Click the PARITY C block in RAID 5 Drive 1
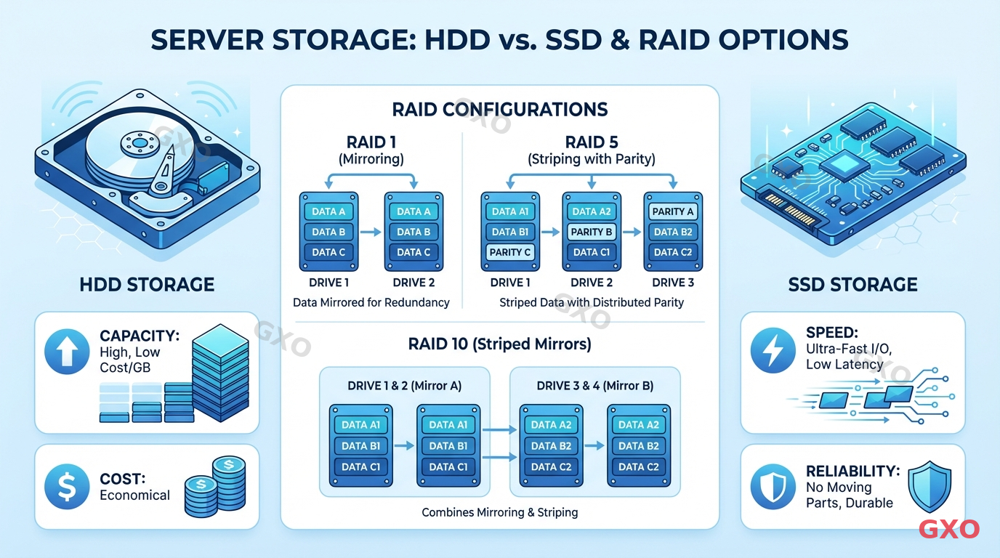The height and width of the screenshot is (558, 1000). coord(511,252)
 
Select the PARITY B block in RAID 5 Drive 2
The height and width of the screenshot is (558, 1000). coord(592,232)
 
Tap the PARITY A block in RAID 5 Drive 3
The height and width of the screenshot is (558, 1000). coord(673,211)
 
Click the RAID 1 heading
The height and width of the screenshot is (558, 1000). coord(372,143)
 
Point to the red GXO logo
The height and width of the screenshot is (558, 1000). coord(949,529)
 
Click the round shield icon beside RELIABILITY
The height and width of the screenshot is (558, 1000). coord(773,486)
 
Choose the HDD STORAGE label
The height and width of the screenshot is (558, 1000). coord(147,284)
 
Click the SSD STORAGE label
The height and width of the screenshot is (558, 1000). coord(852,284)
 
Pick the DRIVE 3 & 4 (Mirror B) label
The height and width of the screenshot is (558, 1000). coord(594,386)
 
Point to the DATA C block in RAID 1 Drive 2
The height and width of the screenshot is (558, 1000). coord(413,252)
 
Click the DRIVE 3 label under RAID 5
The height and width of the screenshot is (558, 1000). coord(673,283)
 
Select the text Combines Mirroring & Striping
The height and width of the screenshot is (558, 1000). coord(500,512)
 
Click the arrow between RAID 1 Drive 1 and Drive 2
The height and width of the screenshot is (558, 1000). coord(371,232)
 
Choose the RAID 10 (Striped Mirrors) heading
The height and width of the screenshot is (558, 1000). coord(500,344)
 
